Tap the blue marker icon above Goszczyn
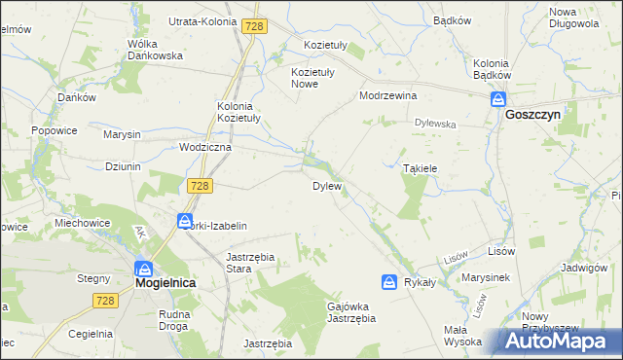[x=498, y=99]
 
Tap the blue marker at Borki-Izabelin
[x=185, y=222]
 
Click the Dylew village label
[x=326, y=186]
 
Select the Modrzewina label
[x=387, y=96]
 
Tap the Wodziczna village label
[x=205, y=147]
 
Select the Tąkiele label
[x=421, y=168]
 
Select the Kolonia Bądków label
[x=492, y=68]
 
